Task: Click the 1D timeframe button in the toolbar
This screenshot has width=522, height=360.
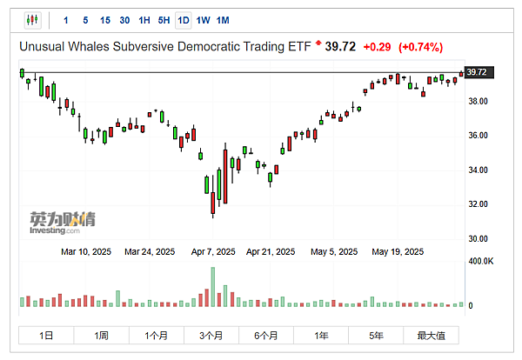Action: tap(183, 20)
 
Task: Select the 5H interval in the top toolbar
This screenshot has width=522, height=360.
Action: tap(164, 20)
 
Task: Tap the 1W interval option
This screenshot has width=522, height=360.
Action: tap(203, 20)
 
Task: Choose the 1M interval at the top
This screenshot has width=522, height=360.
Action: tap(223, 20)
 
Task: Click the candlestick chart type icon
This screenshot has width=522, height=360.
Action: tap(33, 20)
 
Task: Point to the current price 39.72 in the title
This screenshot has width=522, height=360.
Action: tap(342, 46)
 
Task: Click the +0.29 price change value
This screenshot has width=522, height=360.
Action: tap(377, 46)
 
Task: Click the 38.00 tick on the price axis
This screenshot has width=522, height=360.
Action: tap(478, 102)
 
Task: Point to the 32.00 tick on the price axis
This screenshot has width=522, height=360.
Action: tap(478, 204)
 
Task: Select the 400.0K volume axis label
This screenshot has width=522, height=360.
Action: tap(481, 261)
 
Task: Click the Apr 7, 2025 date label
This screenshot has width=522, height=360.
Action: tap(213, 252)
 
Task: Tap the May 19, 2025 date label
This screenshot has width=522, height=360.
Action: tap(397, 252)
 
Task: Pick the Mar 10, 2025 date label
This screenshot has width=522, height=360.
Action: tap(87, 252)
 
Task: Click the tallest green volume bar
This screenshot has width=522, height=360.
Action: tap(212, 287)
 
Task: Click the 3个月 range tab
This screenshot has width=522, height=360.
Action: tap(211, 336)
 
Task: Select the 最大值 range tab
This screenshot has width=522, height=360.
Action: tap(431, 336)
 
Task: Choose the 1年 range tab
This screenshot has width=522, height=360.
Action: tap(321, 336)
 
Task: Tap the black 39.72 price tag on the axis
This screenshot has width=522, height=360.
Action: tap(477, 72)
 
